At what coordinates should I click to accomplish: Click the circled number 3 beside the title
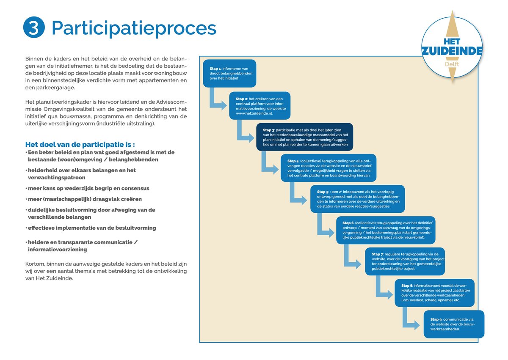click(x=34, y=27)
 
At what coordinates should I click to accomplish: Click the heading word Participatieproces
click(x=134, y=28)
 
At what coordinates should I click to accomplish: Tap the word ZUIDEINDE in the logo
click(x=452, y=51)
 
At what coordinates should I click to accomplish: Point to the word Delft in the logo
click(x=452, y=64)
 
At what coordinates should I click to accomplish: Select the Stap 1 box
click(x=229, y=74)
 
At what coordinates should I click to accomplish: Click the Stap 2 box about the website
click(x=260, y=106)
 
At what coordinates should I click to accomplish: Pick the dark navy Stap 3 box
click(x=304, y=137)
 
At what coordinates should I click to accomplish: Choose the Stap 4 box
click(x=329, y=168)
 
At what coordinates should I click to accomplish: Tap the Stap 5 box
click(x=357, y=199)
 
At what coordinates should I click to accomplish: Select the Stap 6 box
click(x=386, y=230)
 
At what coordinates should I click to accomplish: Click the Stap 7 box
click(x=405, y=261)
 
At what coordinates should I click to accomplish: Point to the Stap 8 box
click(x=434, y=293)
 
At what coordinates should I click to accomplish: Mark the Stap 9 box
click(x=454, y=324)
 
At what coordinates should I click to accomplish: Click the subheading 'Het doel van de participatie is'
click(x=80, y=145)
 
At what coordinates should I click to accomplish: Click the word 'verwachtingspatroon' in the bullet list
click(x=56, y=178)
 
